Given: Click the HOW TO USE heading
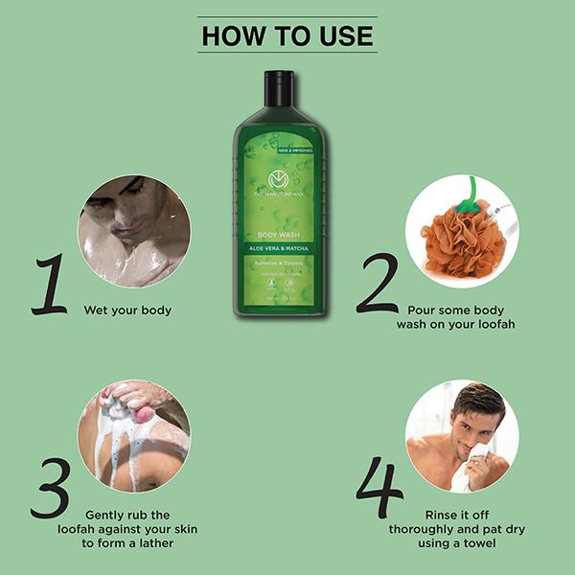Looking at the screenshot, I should (287, 36).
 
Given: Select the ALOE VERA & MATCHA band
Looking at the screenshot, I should (278, 249).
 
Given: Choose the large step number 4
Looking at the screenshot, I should (381, 488).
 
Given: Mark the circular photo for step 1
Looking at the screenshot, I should (134, 231).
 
